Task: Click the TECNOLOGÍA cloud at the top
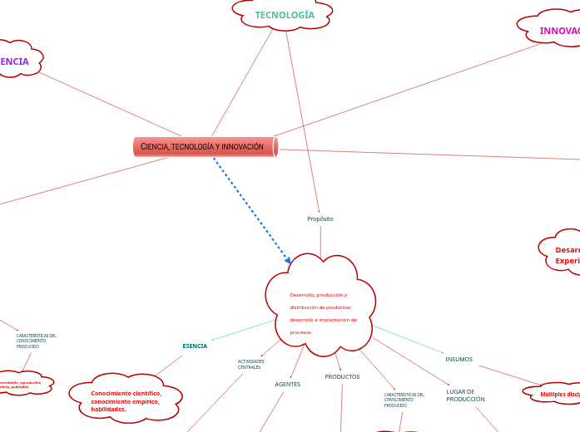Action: (284, 15)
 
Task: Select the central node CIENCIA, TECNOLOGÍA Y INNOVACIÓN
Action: (205, 147)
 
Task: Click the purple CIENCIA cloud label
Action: (15, 61)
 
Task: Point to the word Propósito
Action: (320, 218)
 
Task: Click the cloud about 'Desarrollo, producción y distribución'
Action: (321, 307)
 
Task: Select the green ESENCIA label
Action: (195, 346)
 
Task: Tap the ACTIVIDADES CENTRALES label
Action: (250, 364)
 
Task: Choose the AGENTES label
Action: (287, 384)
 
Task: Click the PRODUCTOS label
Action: (342, 376)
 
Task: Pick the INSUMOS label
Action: (459, 359)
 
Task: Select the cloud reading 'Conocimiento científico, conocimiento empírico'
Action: (126, 400)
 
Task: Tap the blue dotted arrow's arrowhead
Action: (288, 261)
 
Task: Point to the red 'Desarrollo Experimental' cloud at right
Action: (564, 254)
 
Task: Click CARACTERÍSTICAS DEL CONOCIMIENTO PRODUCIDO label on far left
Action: (36, 341)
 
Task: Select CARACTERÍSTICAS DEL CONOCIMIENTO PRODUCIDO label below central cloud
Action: (404, 400)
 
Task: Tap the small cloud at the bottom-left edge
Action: (22, 384)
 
